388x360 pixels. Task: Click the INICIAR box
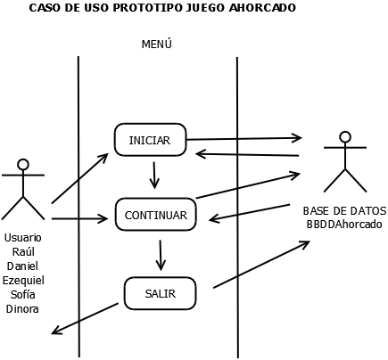click(150, 140)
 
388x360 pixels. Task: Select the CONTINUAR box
click(155, 215)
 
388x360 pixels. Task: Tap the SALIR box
click(160, 293)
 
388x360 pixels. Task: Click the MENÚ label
click(156, 45)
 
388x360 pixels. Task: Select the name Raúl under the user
click(23, 252)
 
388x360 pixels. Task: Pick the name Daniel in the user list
click(23, 266)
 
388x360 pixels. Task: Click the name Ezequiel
click(23, 281)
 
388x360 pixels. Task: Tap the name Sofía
click(23, 295)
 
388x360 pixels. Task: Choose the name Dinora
click(23, 309)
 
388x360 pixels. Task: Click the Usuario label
click(23, 238)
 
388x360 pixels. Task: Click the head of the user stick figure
click(23, 164)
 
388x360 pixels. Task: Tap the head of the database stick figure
click(344, 136)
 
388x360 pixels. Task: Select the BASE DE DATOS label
click(344, 211)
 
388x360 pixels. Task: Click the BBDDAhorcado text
click(344, 225)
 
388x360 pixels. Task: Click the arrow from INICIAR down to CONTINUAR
click(154, 175)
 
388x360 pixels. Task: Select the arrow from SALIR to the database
click(260, 265)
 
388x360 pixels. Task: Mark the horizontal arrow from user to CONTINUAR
click(79, 218)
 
